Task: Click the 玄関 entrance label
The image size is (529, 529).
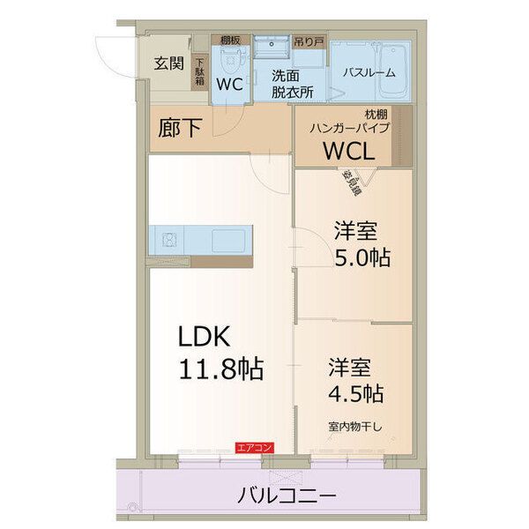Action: click(x=169, y=63)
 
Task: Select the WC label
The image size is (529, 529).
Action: click(x=229, y=85)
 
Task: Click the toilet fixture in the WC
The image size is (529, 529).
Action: click(x=231, y=60)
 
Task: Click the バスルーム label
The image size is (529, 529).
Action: click(x=369, y=73)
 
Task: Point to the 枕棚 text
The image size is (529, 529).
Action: click(x=376, y=113)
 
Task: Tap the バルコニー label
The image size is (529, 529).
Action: click(x=287, y=496)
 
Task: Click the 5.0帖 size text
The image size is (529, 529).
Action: click(x=361, y=259)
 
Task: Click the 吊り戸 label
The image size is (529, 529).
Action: click(x=306, y=41)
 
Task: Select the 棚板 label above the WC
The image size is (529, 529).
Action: click(x=231, y=41)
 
